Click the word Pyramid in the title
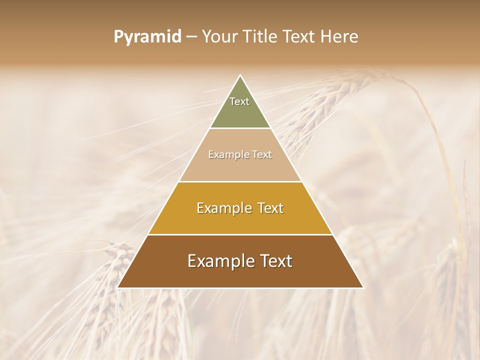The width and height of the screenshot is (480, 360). [147, 36]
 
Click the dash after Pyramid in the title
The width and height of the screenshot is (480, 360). [191, 36]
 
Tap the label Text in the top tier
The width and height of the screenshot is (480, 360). [239, 101]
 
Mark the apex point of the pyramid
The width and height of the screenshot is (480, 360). [240, 75]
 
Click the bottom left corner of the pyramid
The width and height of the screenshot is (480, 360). [118, 287]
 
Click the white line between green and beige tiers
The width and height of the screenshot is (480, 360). [240, 128]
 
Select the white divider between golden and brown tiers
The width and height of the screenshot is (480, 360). [240, 234]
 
